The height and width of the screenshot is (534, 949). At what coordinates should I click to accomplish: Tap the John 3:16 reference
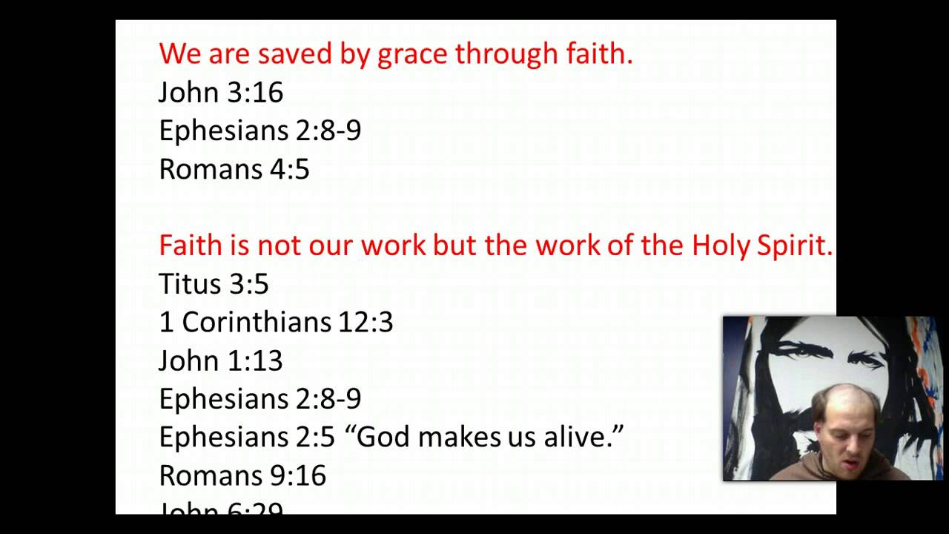221,93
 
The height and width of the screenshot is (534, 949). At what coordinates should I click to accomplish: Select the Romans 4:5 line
234,169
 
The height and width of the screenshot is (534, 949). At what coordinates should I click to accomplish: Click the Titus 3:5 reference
214,283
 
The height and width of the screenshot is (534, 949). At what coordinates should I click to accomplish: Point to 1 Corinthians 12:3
276,322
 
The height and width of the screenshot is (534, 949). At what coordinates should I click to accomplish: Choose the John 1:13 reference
221,360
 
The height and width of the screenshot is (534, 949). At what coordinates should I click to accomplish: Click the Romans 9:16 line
242,475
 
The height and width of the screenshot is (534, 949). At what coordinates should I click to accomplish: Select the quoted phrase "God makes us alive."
485,437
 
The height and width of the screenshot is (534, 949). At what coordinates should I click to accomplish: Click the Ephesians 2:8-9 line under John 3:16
259,131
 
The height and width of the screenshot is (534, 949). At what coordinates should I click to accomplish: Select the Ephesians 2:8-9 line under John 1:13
259,399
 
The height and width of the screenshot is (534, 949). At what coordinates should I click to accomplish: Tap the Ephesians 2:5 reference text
248,437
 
